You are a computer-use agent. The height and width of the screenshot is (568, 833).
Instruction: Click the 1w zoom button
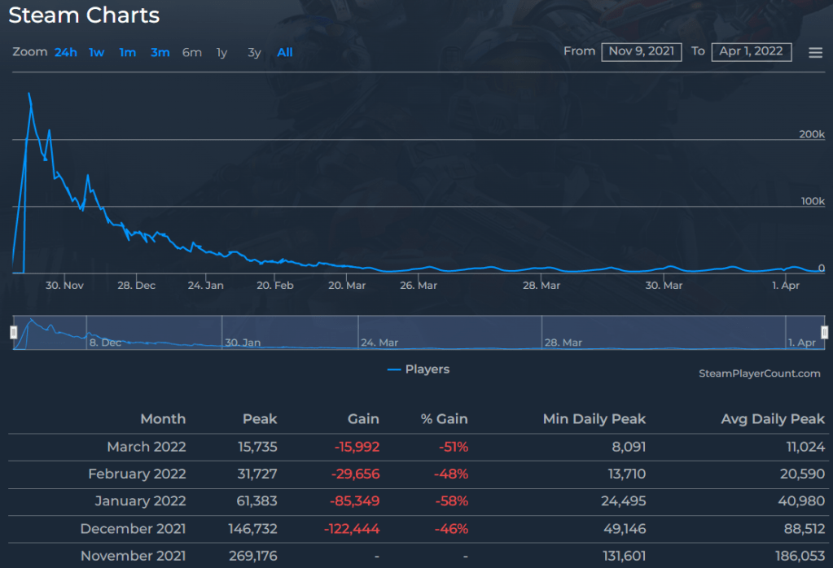click(x=97, y=53)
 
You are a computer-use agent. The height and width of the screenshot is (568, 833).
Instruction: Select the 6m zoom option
click(x=191, y=53)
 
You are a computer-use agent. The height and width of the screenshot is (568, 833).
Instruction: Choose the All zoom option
click(x=284, y=53)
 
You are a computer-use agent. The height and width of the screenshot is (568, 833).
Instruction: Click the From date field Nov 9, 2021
click(x=642, y=51)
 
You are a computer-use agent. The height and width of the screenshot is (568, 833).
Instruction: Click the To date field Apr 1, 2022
click(x=751, y=51)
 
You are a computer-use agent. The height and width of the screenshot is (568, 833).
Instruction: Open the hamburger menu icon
click(x=815, y=53)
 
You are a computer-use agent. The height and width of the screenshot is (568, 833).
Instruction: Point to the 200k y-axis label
click(x=811, y=134)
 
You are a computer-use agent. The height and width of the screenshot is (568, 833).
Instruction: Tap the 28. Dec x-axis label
click(x=136, y=286)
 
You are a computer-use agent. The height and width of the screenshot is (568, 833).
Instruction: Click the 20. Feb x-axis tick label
click(x=274, y=286)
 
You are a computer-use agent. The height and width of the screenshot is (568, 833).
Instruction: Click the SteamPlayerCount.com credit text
click(x=759, y=374)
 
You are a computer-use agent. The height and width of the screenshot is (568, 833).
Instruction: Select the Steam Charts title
click(x=84, y=15)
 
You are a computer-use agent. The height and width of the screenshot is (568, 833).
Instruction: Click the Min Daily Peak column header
click(x=594, y=419)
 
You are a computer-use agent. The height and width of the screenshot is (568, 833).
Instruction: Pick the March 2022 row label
click(x=146, y=447)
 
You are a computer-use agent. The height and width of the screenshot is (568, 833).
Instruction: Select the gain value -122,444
click(x=352, y=529)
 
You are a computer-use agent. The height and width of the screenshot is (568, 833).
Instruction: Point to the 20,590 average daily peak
click(x=802, y=474)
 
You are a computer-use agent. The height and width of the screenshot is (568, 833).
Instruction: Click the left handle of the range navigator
click(x=13, y=332)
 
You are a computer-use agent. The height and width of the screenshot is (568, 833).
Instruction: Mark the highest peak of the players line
click(x=29, y=93)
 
